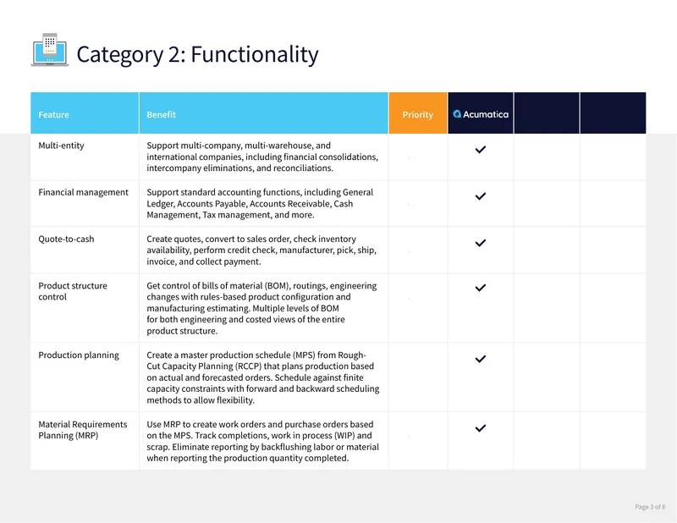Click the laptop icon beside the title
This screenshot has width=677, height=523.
click(x=50, y=50)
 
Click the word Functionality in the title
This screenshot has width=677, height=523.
click(x=255, y=54)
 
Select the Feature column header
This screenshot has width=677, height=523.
click(x=53, y=114)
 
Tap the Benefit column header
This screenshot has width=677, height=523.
click(x=161, y=114)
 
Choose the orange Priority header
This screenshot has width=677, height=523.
click(x=417, y=114)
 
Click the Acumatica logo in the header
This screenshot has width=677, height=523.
click(x=481, y=114)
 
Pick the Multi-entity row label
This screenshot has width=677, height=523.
click(x=61, y=146)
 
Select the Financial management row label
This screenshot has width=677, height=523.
click(x=83, y=192)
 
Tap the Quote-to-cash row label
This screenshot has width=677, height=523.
click(x=66, y=239)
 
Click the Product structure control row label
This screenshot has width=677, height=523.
click(x=73, y=291)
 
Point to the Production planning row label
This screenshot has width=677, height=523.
click(x=79, y=355)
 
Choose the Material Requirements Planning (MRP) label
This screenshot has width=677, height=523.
click(x=82, y=430)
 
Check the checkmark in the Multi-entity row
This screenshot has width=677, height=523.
click(x=481, y=150)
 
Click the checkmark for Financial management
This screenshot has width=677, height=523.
click(x=481, y=196)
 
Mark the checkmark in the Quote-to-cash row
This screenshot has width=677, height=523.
click(x=481, y=243)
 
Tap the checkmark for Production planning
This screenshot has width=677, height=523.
click(x=481, y=359)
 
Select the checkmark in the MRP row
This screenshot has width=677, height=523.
click(x=481, y=428)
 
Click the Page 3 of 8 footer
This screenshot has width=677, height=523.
click(x=650, y=507)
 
